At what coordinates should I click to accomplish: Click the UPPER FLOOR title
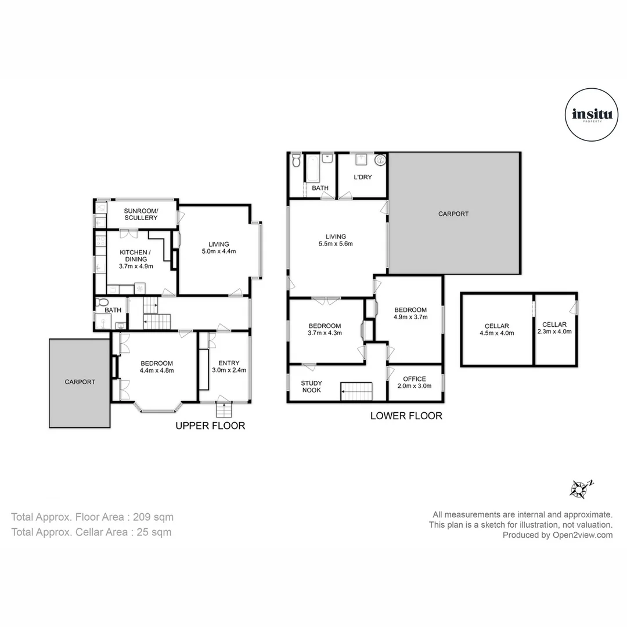[x=210, y=426]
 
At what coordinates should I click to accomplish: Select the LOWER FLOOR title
[x=406, y=416]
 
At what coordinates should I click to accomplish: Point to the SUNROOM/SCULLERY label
[x=140, y=214]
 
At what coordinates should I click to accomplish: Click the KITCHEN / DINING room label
[x=135, y=255]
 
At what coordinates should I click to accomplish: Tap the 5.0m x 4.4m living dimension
[x=219, y=251]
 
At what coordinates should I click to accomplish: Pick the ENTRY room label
[x=229, y=363]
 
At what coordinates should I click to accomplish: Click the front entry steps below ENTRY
[x=224, y=410]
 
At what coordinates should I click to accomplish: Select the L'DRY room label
[x=363, y=176]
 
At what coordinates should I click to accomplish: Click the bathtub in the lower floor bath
[x=312, y=168]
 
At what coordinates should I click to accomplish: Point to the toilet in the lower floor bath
[x=296, y=160]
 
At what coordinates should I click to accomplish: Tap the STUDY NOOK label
[x=312, y=387]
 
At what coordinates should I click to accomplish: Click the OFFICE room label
[x=415, y=379]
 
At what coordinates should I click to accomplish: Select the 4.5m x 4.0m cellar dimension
[x=496, y=333]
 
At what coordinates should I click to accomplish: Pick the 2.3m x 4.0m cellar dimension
[x=554, y=331]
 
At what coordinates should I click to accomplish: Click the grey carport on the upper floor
[x=80, y=383]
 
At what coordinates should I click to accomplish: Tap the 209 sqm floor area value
[x=153, y=517]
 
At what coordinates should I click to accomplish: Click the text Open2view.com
[x=583, y=535]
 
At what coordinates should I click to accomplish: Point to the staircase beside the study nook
[x=356, y=391]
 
